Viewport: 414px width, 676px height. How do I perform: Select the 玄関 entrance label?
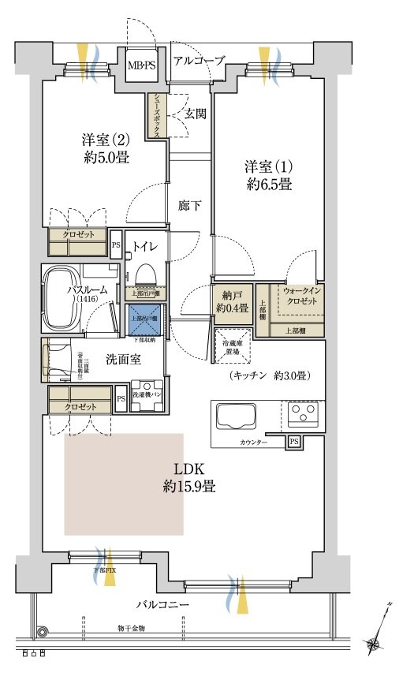(x=196, y=114)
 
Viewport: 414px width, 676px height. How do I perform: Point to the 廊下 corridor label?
(x=189, y=206)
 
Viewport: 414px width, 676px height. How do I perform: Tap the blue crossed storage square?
(x=144, y=319)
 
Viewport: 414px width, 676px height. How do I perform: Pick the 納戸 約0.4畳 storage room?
(x=231, y=301)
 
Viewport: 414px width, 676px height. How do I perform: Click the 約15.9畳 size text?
(x=189, y=487)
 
